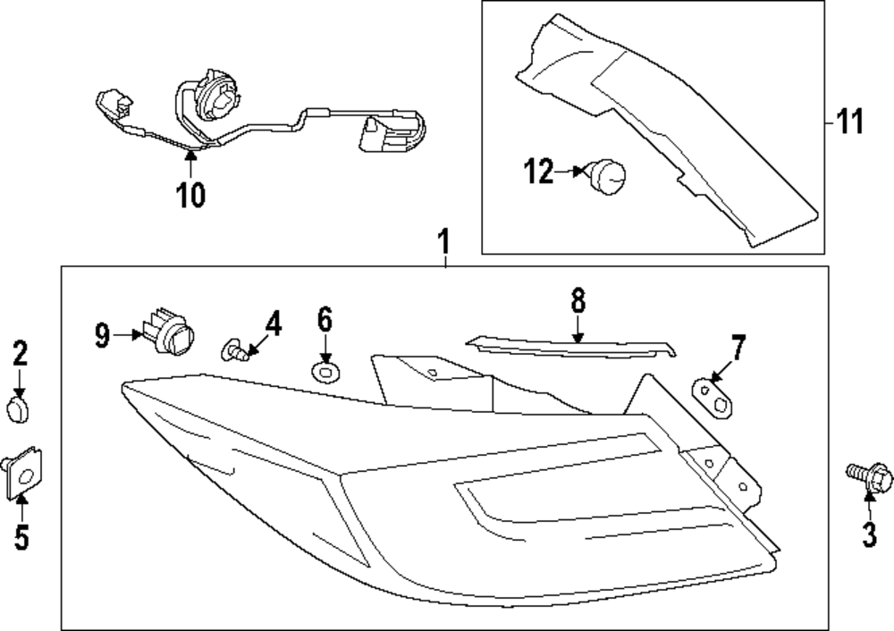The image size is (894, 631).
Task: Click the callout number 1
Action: pyautogui.click(x=443, y=241)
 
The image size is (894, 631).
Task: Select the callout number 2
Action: pyautogui.click(x=20, y=353)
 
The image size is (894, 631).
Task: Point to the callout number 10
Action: pyautogui.click(x=190, y=194)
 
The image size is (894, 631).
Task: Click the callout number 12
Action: pyautogui.click(x=539, y=172)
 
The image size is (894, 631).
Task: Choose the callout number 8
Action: pyautogui.click(x=578, y=301)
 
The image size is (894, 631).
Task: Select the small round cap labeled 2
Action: pyautogui.click(x=19, y=410)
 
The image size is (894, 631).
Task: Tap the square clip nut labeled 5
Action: pyautogui.click(x=23, y=470)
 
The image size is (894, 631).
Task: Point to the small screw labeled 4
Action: pyautogui.click(x=236, y=349)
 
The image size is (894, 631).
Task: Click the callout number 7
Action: pyautogui.click(x=737, y=349)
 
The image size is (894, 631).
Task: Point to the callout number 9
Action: pyautogui.click(x=102, y=336)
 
